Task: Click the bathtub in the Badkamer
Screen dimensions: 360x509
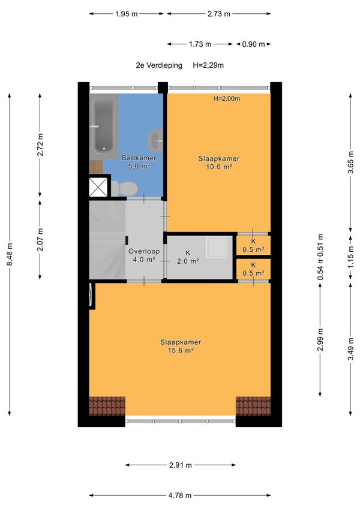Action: coord(104,126)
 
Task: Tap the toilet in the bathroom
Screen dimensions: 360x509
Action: coord(125,188)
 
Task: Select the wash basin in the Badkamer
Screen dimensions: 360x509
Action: coord(156,141)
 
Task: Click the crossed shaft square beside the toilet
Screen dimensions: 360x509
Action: coord(98,187)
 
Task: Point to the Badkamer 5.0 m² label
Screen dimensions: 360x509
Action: coord(139,162)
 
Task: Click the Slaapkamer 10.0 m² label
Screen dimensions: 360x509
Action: coord(218,162)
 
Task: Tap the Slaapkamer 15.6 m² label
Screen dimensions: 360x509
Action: coord(181,346)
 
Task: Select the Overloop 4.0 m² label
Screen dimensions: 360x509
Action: coord(144,255)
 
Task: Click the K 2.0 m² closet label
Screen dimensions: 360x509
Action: coord(187,257)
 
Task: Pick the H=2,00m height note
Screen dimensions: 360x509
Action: coord(226,98)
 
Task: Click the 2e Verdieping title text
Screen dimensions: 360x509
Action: coord(159,65)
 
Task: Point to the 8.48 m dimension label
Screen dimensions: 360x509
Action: coord(10,254)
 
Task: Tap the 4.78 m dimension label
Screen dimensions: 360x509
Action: coord(180,495)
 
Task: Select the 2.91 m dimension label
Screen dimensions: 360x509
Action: coord(181,465)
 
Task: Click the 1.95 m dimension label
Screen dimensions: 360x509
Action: coord(127,14)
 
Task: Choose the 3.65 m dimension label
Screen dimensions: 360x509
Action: coord(350,162)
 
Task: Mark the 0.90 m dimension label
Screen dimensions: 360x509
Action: coord(253,44)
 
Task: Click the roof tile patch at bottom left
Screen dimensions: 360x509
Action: coord(107,406)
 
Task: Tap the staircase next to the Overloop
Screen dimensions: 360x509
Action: coord(107,240)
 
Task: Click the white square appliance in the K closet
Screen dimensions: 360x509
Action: coord(217,247)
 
